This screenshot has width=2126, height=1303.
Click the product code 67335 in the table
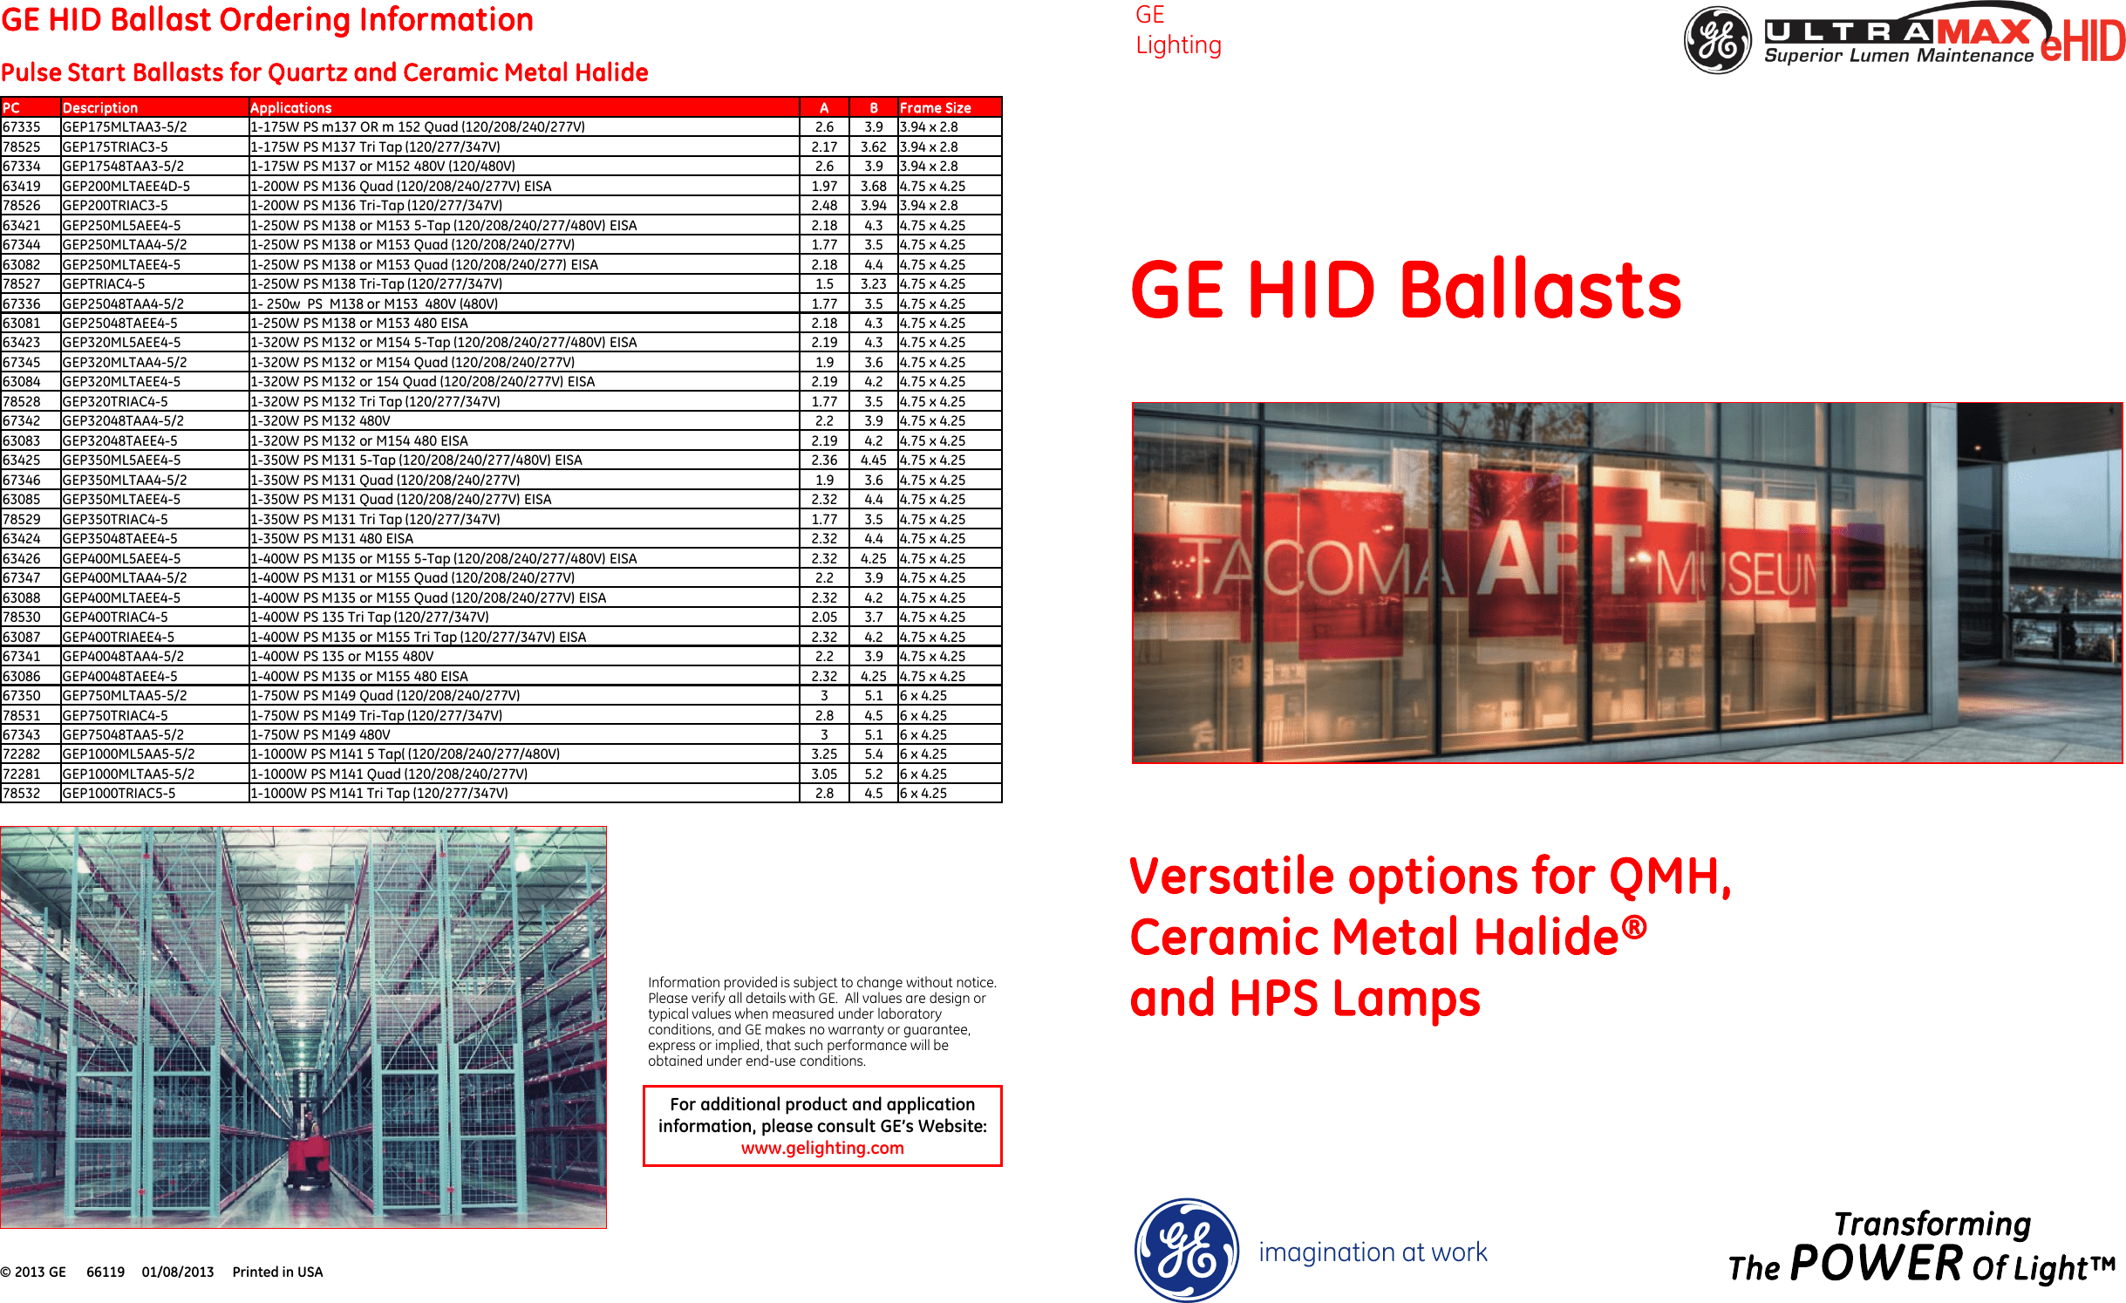(x=22, y=127)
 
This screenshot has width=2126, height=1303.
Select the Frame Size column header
(x=935, y=108)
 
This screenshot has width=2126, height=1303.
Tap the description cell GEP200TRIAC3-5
(x=115, y=206)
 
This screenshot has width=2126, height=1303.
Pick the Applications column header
(x=290, y=108)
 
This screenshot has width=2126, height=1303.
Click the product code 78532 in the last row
(x=22, y=794)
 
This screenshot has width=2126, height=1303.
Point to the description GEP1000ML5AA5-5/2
(x=128, y=754)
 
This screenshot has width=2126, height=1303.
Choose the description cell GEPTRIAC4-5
(x=104, y=284)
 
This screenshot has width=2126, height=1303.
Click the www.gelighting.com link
(x=822, y=1149)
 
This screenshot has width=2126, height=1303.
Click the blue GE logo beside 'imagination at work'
(x=1186, y=1250)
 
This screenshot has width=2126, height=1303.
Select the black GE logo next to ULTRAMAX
(x=1716, y=40)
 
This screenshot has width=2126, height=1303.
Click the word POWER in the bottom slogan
(x=1876, y=1263)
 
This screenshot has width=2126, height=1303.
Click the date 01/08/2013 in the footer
(x=178, y=1272)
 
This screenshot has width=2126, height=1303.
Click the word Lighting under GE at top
(x=1178, y=45)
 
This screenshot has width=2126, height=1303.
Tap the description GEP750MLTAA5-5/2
(x=124, y=696)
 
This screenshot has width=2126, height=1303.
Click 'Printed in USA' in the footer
(x=277, y=1272)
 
